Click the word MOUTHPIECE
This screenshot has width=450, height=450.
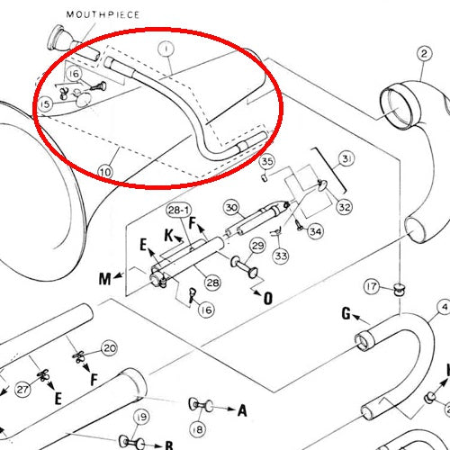click(x=103, y=14)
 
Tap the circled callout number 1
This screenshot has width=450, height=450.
click(x=166, y=49)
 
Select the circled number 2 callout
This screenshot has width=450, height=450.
click(x=424, y=54)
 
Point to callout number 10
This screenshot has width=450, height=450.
click(x=105, y=172)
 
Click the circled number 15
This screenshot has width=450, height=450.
click(x=45, y=104)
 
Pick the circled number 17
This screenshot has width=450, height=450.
click(x=372, y=286)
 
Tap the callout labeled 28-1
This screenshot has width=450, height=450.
click(x=179, y=210)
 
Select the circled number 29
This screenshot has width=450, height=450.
click(x=257, y=246)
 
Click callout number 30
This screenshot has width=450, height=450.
click(x=231, y=208)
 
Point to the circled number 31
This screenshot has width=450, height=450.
click(x=346, y=158)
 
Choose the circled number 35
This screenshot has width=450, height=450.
click(x=267, y=162)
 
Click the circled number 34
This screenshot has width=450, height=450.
click(x=315, y=231)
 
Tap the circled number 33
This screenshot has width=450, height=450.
click(x=281, y=256)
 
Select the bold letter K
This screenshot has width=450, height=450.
click(x=169, y=236)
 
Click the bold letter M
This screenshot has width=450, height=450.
click(x=105, y=279)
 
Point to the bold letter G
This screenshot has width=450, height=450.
click(x=346, y=314)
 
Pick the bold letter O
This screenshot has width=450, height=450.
click(x=268, y=298)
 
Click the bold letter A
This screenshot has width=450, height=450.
click(x=242, y=410)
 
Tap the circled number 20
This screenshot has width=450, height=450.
click(x=109, y=348)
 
